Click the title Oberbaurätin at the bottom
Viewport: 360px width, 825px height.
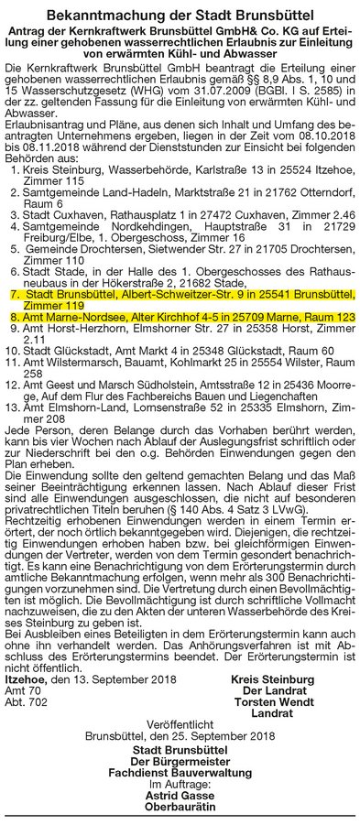[180, 810]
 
